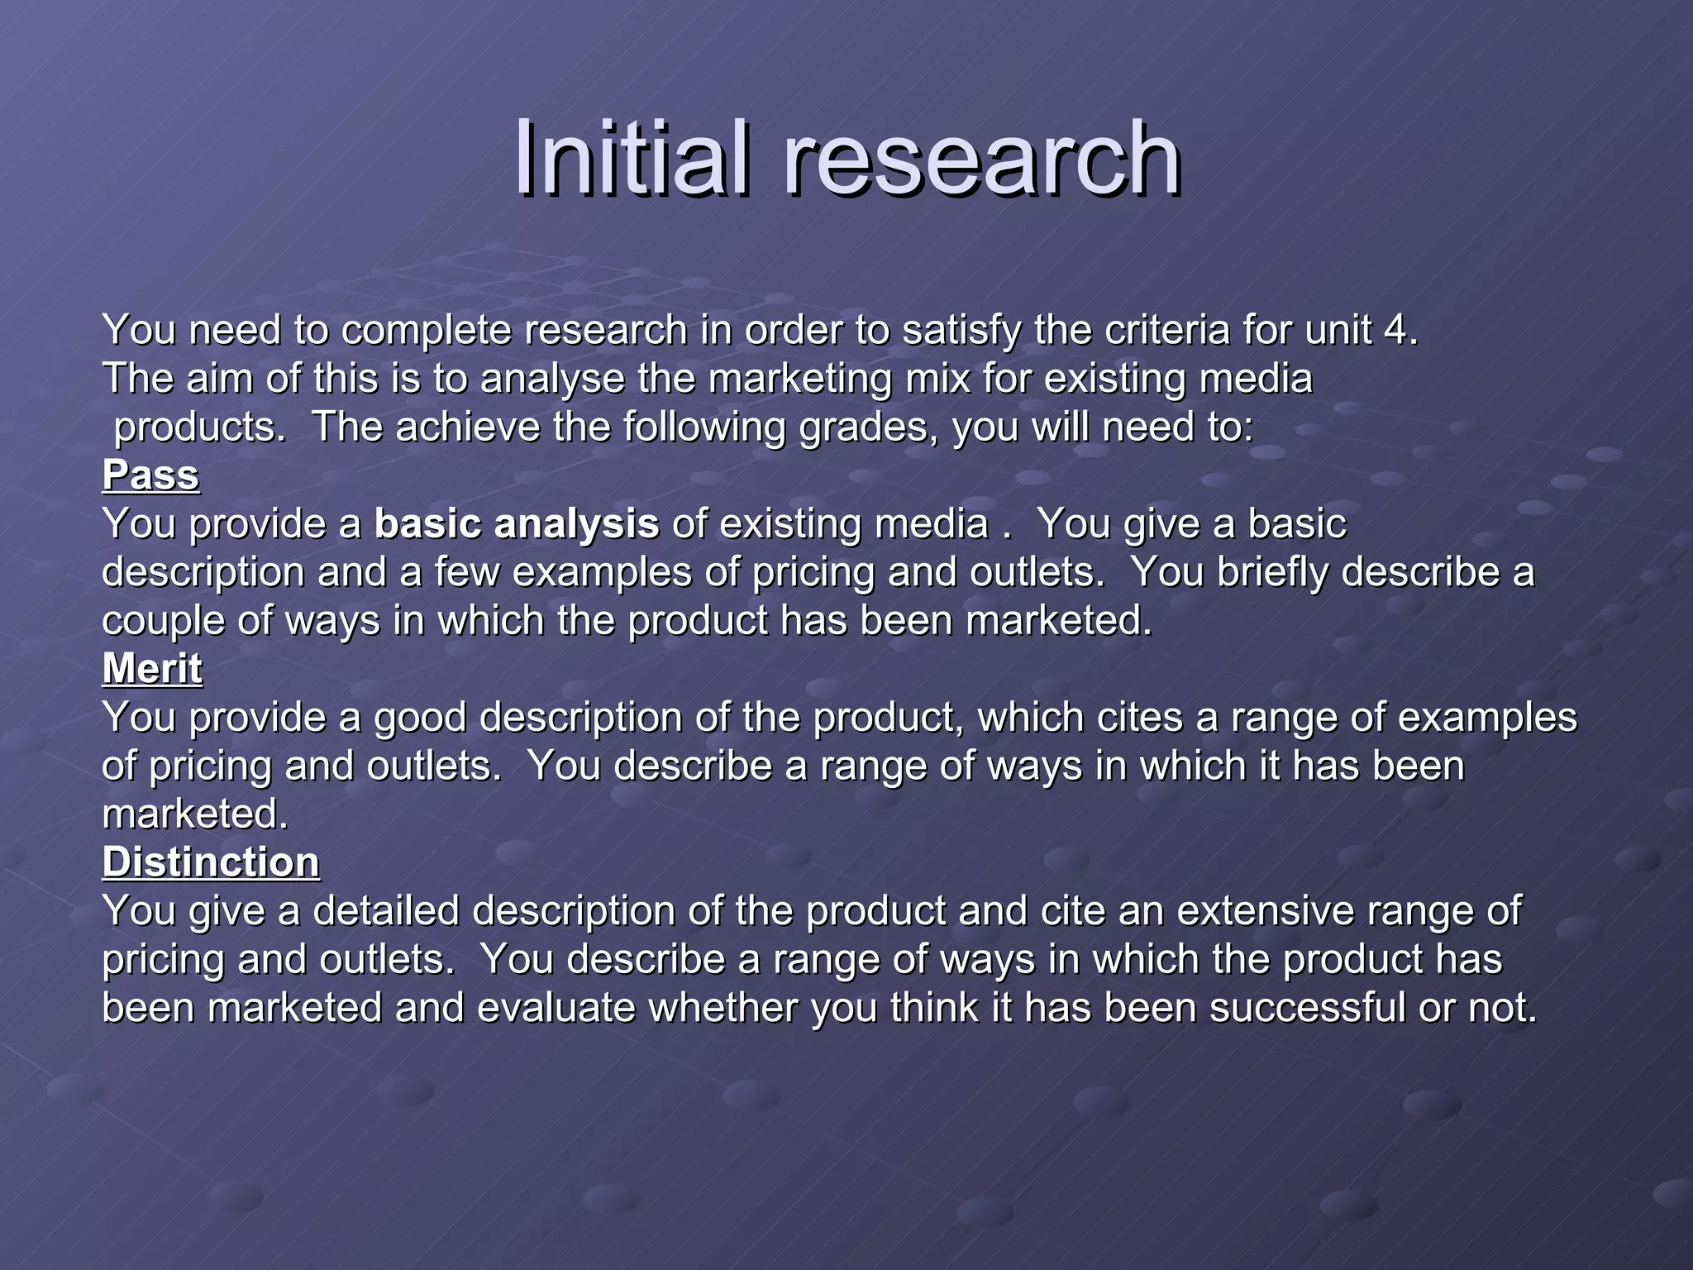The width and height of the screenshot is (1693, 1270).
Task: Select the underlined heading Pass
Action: pyautogui.click(x=150, y=475)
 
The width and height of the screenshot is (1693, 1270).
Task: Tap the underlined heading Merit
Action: pyautogui.click(x=152, y=668)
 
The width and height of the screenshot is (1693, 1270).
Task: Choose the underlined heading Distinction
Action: pyautogui.click(x=211, y=862)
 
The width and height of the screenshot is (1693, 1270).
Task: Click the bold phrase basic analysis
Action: pyautogui.click(x=517, y=524)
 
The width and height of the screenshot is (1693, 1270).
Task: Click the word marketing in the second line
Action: pyautogui.click(x=798, y=379)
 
